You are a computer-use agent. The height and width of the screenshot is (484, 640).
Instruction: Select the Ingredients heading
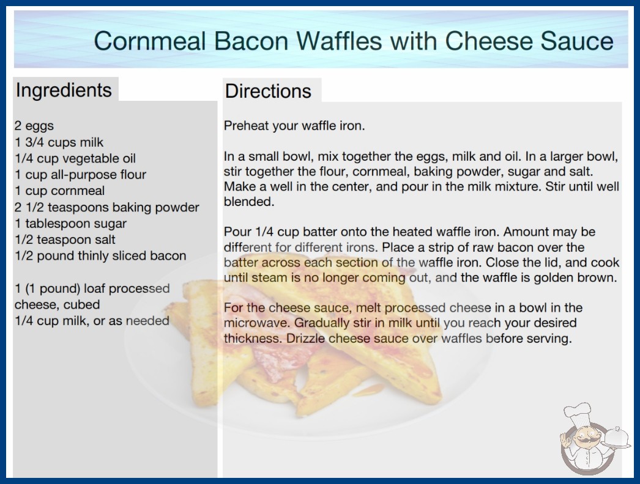[64, 90]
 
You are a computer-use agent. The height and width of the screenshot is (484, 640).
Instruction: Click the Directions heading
[268, 91]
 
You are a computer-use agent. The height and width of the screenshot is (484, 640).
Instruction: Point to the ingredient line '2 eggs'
[34, 126]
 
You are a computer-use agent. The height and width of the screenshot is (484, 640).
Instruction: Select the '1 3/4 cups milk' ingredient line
[59, 142]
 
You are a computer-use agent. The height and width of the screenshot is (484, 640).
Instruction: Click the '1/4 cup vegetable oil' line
[75, 158]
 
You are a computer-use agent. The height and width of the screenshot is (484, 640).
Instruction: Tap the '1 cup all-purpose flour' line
[80, 175]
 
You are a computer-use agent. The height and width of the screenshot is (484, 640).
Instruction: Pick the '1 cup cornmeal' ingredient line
[60, 191]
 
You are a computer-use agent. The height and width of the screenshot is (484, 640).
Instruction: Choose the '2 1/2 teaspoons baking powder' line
[107, 207]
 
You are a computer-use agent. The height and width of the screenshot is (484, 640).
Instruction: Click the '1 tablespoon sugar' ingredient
[70, 224]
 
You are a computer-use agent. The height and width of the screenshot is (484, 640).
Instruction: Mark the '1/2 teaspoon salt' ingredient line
[65, 240]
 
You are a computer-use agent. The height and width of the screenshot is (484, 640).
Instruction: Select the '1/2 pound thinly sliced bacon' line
[100, 255]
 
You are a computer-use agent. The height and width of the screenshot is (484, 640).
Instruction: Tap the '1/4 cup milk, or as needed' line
[92, 321]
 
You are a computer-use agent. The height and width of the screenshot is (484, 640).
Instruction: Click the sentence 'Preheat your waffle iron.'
[294, 126]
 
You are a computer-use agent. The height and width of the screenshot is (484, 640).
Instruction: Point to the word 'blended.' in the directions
[249, 202]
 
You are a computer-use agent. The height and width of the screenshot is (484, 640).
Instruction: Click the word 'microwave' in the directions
[256, 323]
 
